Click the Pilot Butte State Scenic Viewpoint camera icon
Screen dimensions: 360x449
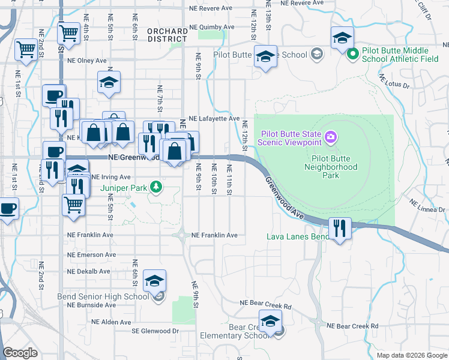click(330, 138)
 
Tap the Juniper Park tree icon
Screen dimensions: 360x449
click(156, 188)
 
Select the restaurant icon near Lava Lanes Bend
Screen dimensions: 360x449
click(340, 227)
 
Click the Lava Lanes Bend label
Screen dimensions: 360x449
click(298, 236)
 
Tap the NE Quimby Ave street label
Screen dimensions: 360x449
click(211, 27)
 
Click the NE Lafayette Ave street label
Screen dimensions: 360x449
click(214, 119)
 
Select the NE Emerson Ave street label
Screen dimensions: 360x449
click(91, 255)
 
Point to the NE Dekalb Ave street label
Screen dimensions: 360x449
click(88, 271)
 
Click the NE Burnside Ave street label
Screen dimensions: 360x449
click(91, 305)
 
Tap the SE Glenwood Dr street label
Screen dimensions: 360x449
click(155, 331)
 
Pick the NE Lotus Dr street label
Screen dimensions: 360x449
click(394, 82)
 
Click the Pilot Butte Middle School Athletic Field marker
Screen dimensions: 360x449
click(353, 54)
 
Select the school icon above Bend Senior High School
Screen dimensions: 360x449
click(154, 281)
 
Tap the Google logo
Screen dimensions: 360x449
click(20, 353)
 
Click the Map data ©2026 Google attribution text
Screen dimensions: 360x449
click(412, 355)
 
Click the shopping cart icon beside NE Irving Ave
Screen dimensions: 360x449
click(73, 204)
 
